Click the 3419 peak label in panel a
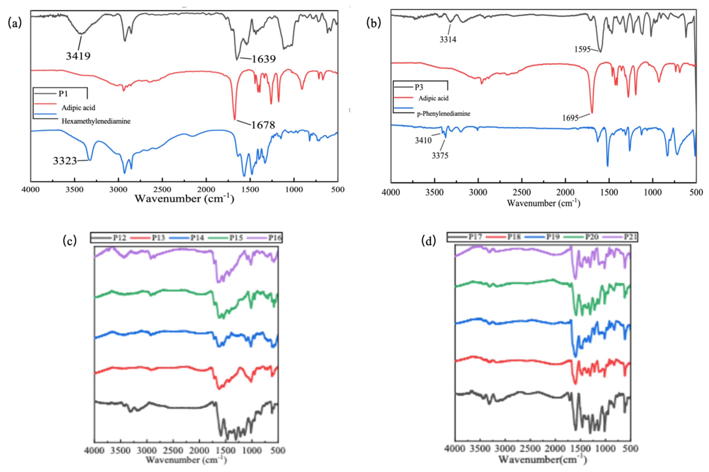pyautogui.click(x=78, y=56)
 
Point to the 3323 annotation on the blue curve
pyautogui.click(x=65, y=161)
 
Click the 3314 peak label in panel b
pyautogui.click(x=448, y=39)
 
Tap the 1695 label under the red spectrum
pyautogui.click(x=570, y=118)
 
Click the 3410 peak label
pyautogui.click(x=423, y=141)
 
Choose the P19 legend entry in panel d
pyautogui.click(x=553, y=237)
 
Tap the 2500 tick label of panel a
pyautogui.click(x=162, y=190)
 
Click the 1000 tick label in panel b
pyautogui.click(x=652, y=192)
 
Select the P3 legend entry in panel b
pyautogui.click(x=419, y=87)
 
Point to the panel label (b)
pyautogui.click(x=373, y=23)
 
